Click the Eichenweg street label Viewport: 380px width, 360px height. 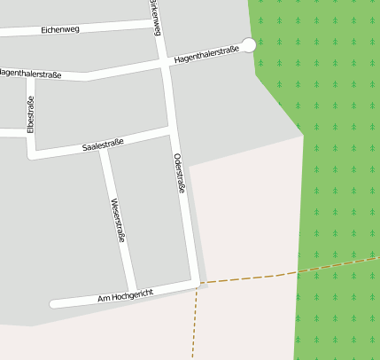tap(60, 30)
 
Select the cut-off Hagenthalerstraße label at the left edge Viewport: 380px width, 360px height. tap(30, 74)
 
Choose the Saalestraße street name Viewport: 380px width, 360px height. tap(103, 144)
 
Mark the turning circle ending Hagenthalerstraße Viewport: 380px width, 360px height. tap(249, 45)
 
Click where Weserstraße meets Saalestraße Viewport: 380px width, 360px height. tap(104, 148)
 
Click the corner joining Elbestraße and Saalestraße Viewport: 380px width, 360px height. tap(32, 156)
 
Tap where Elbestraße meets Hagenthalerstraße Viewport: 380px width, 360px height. tap(31, 74)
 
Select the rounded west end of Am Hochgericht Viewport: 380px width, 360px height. tap(54, 303)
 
